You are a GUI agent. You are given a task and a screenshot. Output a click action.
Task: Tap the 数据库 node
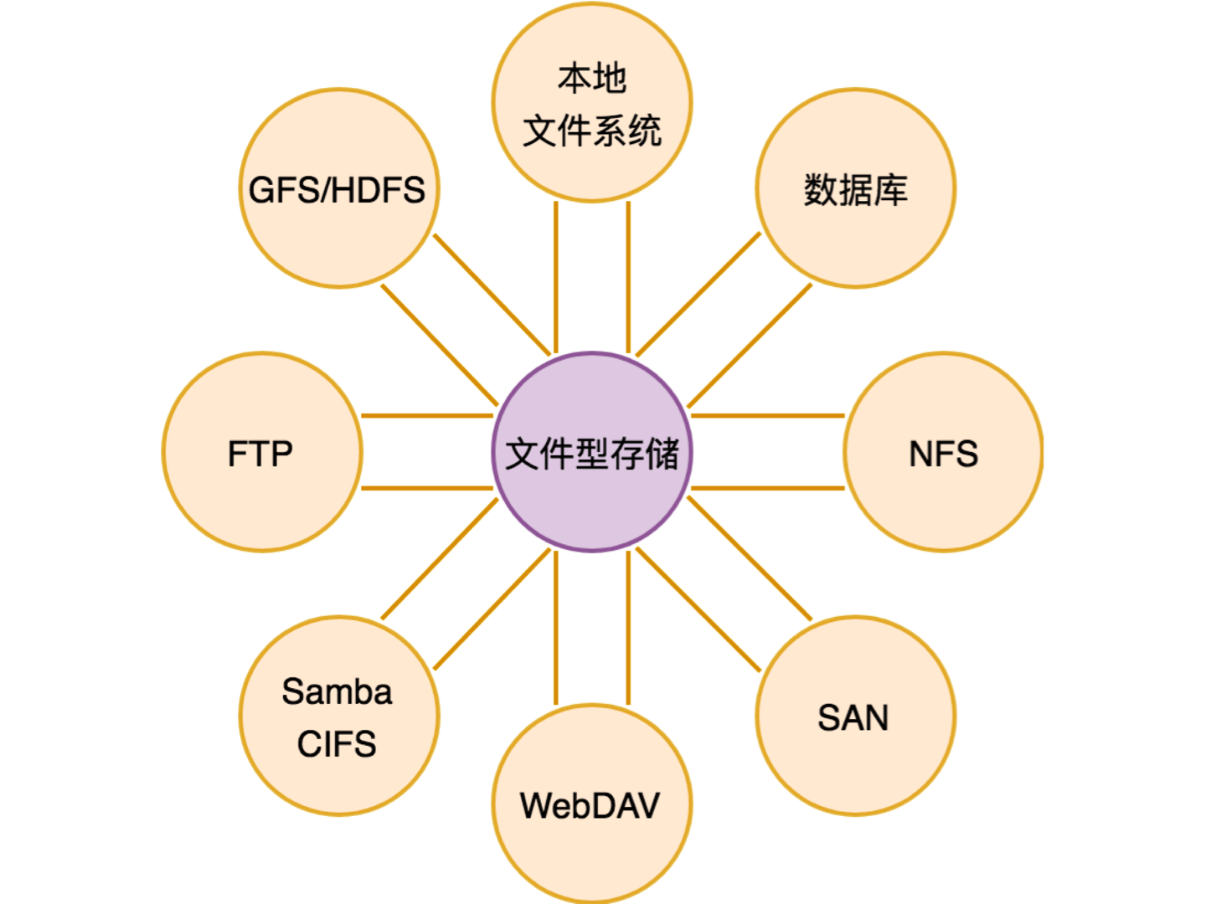pos(855,189)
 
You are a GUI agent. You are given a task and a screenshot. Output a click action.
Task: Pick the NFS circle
pos(943,453)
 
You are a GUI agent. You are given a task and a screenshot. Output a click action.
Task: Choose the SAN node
pos(854,717)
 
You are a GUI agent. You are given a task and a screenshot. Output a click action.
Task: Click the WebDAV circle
pos(591,804)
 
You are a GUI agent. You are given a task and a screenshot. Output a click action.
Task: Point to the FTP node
pos(261,453)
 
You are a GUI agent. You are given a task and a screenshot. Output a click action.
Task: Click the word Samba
pos(337,692)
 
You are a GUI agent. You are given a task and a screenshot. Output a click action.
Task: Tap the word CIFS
pos(337,744)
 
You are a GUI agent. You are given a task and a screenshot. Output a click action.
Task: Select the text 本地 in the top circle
pos(592,78)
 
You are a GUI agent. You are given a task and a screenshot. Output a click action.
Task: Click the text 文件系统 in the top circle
pos(592,131)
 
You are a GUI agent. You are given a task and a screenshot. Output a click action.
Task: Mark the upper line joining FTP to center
pos(427,415)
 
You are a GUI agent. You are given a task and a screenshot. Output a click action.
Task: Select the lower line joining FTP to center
pos(427,488)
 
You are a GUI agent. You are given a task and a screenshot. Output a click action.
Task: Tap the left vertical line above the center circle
pos(556,276)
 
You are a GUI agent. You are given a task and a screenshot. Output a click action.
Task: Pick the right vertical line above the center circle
pos(628,276)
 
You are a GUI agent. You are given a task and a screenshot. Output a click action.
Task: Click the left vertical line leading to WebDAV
pos(556,628)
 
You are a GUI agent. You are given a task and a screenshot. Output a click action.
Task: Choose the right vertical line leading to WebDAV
pos(628,628)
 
